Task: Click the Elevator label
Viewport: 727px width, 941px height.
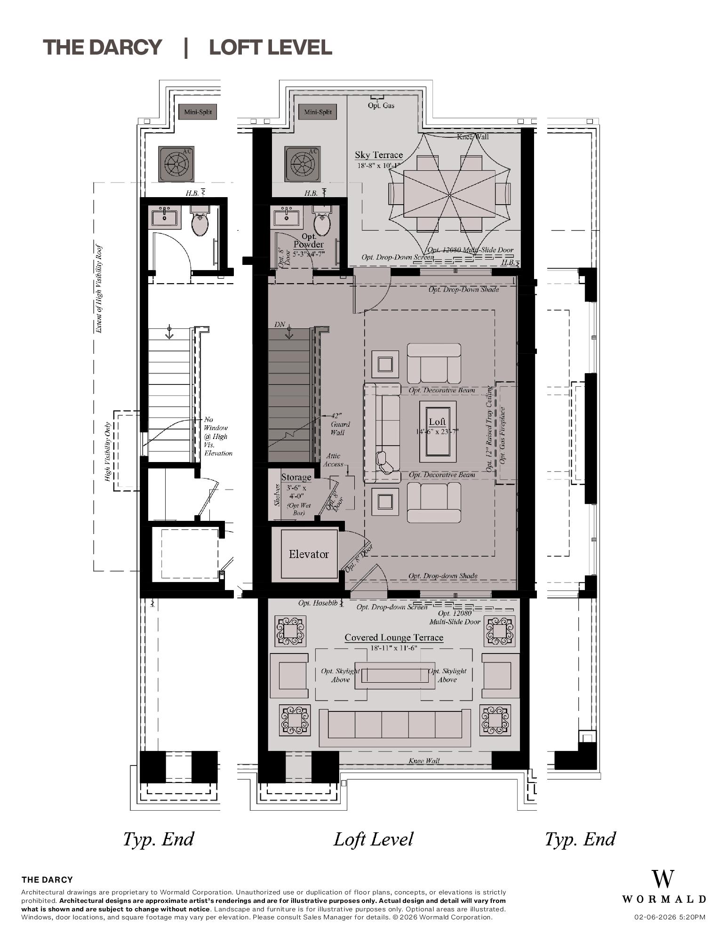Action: (x=309, y=554)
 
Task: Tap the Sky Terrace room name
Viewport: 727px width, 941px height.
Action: (x=379, y=155)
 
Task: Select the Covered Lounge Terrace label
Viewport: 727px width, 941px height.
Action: (x=394, y=638)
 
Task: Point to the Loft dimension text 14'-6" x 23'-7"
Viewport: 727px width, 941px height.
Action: (x=437, y=431)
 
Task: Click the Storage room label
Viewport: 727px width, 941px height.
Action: (x=296, y=477)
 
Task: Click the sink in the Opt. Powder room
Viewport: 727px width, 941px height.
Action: (x=286, y=217)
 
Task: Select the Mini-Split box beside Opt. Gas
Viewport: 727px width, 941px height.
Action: (x=318, y=112)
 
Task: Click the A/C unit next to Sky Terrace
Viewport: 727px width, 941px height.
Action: (x=302, y=164)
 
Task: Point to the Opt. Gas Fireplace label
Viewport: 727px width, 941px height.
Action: (x=503, y=435)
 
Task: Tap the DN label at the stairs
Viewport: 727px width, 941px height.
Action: (x=280, y=325)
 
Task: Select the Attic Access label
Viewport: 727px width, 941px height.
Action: (x=333, y=460)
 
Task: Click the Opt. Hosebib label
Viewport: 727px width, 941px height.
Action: (x=318, y=603)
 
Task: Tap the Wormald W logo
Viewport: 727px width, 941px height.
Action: (x=663, y=879)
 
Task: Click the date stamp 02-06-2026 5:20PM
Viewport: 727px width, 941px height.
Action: (x=670, y=917)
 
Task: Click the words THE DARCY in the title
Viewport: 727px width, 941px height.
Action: (x=103, y=48)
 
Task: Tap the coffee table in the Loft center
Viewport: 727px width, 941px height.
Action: (x=438, y=431)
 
